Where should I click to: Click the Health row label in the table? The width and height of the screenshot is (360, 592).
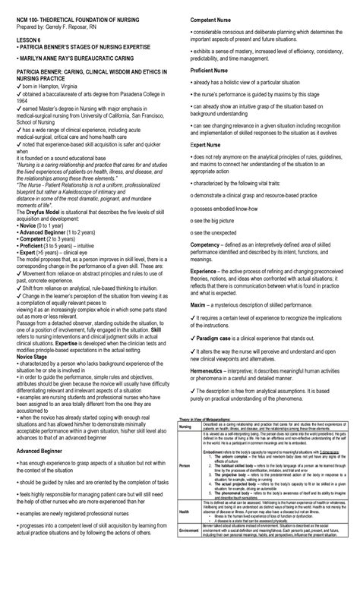click(184, 534)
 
